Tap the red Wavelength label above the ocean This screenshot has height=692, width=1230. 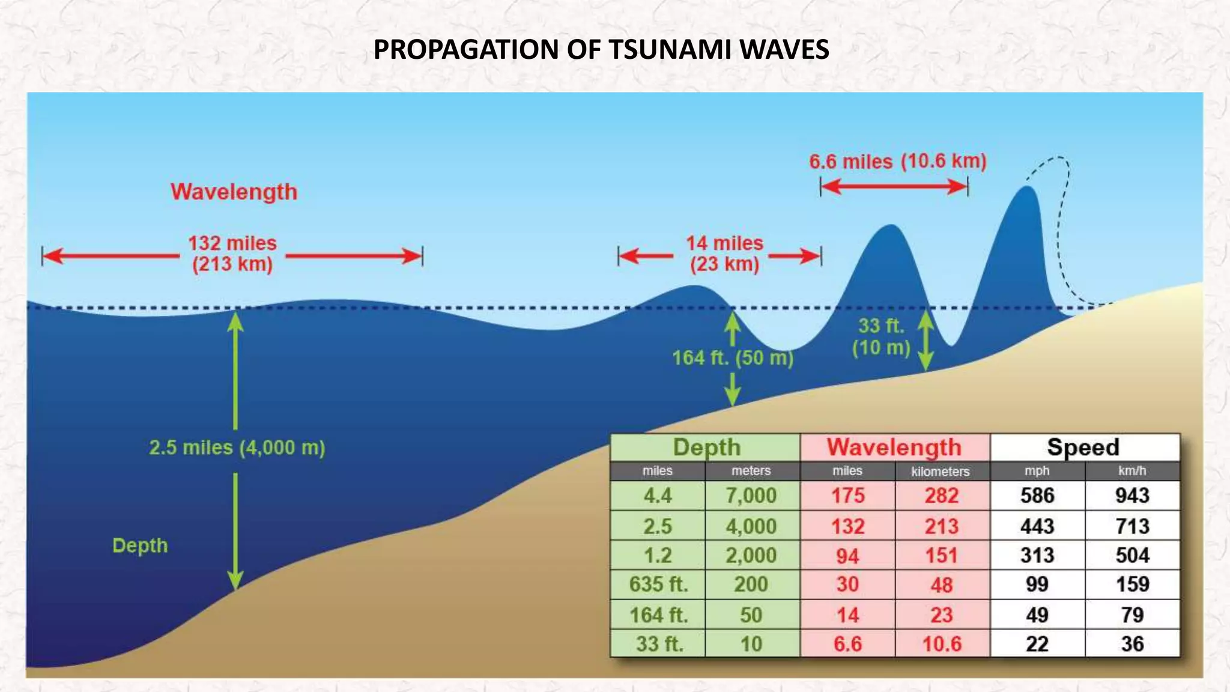click(x=234, y=192)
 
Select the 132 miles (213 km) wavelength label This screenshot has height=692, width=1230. click(x=232, y=253)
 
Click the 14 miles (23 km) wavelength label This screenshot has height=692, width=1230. click(x=724, y=253)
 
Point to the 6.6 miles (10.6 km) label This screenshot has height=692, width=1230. click(x=897, y=161)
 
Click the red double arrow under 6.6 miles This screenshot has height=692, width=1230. click(x=894, y=187)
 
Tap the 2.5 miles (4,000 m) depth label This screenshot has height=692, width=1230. click(x=237, y=448)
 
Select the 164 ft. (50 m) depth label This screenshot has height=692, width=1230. click(x=733, y=358)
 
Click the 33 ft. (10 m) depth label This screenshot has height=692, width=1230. click(x=881, y=336)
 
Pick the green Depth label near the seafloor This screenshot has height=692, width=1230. click(x=140, y=545)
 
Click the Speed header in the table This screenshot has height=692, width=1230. click(x=1083, y=448)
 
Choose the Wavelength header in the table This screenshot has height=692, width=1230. click(x=894, y=448)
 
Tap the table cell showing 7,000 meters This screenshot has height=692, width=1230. click(x=751, y=496)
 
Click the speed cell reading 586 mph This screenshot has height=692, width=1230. click(x=1037, y=496)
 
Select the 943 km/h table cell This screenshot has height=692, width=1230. click(x=1132, y=496)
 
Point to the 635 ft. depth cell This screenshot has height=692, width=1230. click(x=658, y=584)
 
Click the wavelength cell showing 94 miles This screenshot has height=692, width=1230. click(x=847, y=556)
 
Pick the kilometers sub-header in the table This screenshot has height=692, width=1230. click(x=941, y=472)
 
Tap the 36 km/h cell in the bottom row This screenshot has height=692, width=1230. click(x=1132, y=644)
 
